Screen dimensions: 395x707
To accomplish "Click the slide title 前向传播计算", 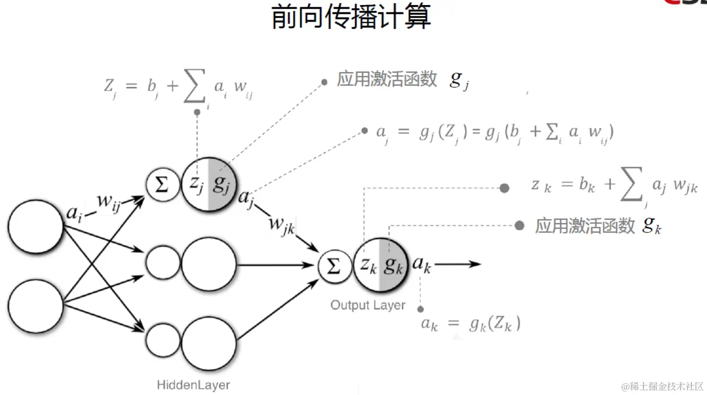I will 351,18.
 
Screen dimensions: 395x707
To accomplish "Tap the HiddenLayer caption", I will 193,385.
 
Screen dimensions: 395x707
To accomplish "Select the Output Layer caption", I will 368,305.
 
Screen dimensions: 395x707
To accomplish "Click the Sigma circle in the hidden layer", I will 162,185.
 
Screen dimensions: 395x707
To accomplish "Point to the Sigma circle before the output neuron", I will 334,266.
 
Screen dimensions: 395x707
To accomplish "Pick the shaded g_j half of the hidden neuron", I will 221,185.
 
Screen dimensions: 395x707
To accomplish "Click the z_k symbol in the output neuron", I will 367,265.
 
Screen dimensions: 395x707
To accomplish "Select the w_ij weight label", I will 108,203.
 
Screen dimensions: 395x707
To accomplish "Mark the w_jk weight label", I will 281,225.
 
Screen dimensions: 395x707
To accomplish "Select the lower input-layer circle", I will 36,307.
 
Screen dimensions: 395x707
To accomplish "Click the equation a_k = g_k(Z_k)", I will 471,324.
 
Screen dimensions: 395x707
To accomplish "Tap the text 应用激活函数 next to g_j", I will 387,79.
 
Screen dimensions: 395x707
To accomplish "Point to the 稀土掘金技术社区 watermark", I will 662,386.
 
